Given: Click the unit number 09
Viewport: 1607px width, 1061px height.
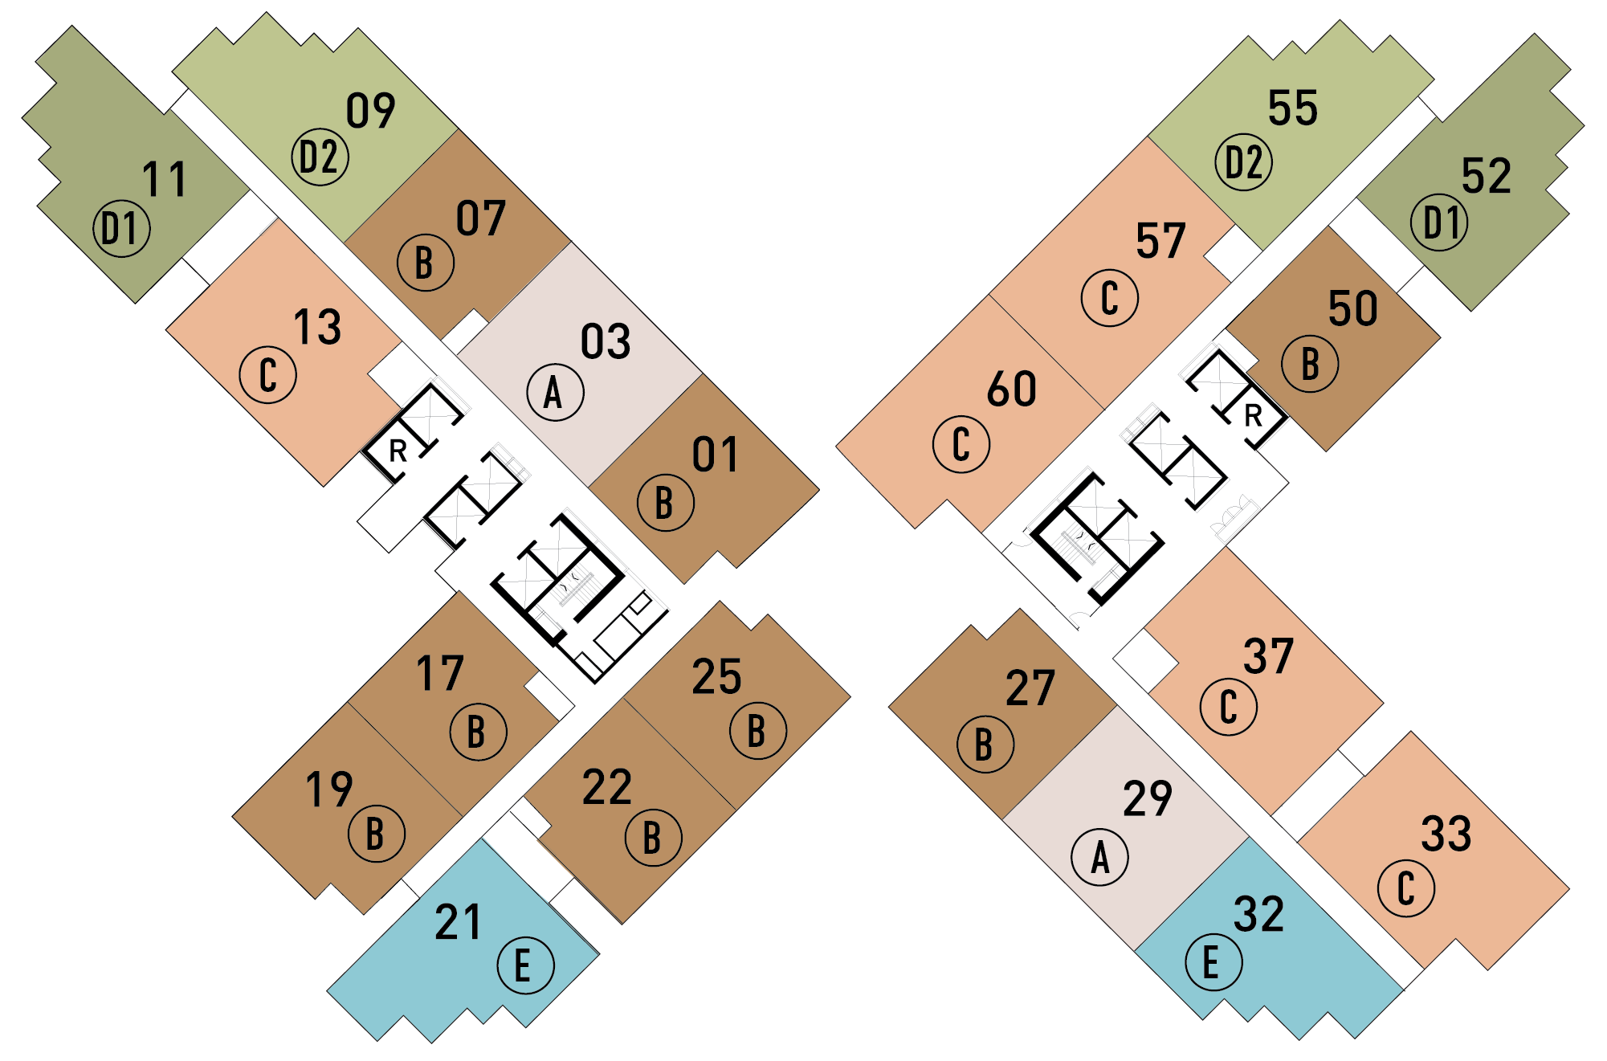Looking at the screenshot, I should click(x=370, y=111).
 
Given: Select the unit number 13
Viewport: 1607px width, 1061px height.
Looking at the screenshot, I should click(x=317, y=327).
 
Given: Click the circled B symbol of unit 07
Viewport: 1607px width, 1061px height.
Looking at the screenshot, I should click(x=425, y=263).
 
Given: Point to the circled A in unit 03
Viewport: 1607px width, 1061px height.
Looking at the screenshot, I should click(x=554, y=393).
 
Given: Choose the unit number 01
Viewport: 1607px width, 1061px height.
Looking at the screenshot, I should click(x=715, y=455).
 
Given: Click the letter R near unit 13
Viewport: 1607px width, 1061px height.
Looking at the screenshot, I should click(x=398, y=451).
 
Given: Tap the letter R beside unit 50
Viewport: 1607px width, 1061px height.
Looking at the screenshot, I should click(x=1253, y=416).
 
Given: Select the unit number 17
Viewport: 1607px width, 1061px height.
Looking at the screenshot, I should click(x=440, y=673).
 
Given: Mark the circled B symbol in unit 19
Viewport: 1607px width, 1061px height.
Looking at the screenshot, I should click(x=376, y=834).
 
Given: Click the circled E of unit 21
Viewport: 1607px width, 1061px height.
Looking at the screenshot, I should click(x=525, y=965).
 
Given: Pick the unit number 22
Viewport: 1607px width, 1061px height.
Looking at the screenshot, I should click(x=606, y=787).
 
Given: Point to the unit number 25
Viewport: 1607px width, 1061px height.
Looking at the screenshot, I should click(x=716, y=677).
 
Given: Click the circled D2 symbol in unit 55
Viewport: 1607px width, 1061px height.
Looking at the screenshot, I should click(x=1243, y=162).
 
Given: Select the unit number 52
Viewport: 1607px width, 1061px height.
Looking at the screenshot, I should click(x=1486, y=176).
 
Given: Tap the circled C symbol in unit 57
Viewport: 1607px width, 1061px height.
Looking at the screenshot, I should click(x=1109, y=298).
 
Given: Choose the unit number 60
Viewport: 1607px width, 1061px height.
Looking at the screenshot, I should click(x=1011, y=390).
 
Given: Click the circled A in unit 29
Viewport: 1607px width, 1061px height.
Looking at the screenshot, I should click(x=1099, y=857).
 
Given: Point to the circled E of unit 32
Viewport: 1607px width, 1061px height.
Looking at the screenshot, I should click(x=1213, y=962).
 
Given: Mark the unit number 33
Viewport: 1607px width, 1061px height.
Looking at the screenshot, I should click(x=1446, y=834).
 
